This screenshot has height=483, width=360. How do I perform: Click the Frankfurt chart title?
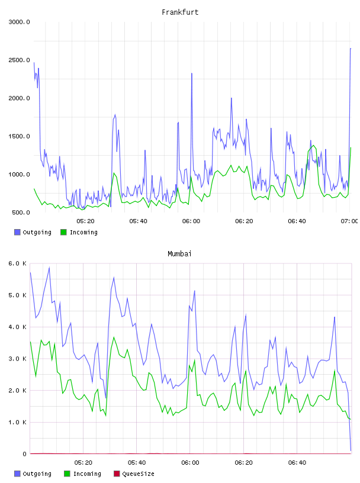tap(180, 12)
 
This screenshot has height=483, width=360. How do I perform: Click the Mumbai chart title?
tap(179, 254)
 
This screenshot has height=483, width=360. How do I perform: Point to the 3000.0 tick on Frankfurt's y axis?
tap(19, 22)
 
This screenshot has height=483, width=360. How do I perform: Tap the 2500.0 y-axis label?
tap(19, 60)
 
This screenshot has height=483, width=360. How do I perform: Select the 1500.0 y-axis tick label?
tap(19, 137)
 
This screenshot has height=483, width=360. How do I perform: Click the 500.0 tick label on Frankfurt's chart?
tap(21, 212)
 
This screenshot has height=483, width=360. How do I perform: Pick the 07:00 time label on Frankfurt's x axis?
tap(349, 221)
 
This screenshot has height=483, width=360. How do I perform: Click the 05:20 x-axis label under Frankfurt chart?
tap(85, 221)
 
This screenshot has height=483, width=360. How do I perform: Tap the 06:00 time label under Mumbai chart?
tap(190, 463)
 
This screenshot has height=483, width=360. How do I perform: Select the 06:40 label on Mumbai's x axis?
tap(297, 463)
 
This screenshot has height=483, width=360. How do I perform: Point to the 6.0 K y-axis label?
tap(18, 263)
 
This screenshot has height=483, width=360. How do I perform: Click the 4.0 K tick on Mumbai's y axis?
tap(18, 327)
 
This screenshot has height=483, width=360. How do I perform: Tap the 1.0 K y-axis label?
tap(18, 422)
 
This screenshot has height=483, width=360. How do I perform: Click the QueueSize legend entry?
tap(134, 474)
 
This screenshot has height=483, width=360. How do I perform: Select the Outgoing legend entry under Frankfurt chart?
tap(33, 232)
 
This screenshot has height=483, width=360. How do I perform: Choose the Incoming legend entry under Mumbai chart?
tap(82, 474)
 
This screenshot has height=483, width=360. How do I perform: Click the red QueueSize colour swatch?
tap(117, 474)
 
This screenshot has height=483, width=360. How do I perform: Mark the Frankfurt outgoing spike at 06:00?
tap(192, 73)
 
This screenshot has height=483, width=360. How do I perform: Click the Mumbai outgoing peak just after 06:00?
tap(194, 291)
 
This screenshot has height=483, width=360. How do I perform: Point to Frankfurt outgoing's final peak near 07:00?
tap(351, 49)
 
